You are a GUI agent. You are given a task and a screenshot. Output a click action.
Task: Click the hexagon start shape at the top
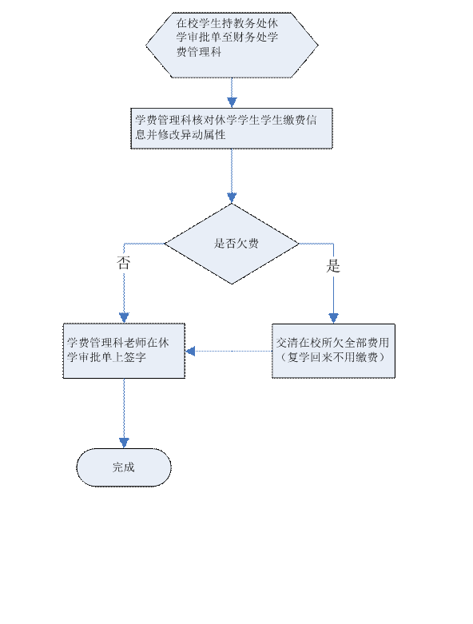(232, 45)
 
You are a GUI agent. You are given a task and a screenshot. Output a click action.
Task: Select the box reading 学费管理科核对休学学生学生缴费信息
(232, 129)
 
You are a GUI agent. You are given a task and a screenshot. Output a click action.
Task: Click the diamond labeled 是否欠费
(232, 244)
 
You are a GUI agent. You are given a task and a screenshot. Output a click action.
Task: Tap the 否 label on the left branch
(123, 263)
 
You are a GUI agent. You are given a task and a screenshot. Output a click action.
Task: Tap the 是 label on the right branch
(333, 266)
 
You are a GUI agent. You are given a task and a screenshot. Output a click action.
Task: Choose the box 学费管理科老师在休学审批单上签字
(124, 351)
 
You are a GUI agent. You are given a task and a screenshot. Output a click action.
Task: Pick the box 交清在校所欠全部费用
(333, 351)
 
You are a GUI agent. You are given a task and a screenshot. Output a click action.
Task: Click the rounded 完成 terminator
(124, 467)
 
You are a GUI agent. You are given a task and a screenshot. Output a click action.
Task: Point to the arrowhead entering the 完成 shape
(124, 443)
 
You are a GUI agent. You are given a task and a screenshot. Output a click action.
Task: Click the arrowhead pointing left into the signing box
(190, 351)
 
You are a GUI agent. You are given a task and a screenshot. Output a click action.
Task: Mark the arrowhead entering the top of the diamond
(232, 198)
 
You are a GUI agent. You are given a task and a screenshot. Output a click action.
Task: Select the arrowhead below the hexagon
(232, 102)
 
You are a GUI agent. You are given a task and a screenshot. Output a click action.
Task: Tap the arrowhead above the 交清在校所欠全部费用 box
(333, 318)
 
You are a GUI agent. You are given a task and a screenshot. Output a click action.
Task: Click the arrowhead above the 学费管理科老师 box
(124, 318)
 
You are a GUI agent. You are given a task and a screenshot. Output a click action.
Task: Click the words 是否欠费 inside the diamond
(236, 244)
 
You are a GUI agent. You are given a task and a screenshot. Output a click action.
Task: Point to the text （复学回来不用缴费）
(332, 357)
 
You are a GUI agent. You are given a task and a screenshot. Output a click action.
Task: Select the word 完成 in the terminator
(124, 467)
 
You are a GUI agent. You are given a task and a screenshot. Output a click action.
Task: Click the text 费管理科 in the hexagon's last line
(199, 52)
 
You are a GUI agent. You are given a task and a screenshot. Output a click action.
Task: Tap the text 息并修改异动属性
(181, 135)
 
